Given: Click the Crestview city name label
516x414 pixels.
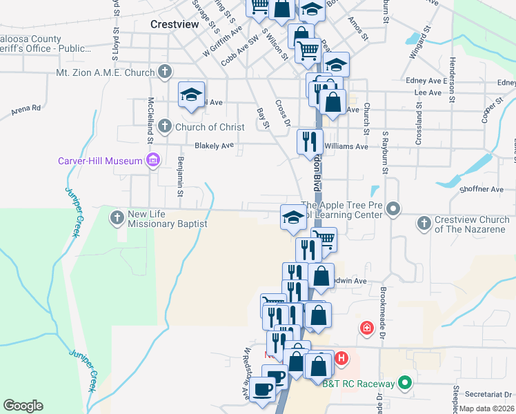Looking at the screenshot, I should [x=175, y=24].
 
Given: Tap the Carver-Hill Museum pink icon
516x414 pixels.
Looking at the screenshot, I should [x=153, y=161].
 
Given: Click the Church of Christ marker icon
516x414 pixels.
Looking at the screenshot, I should [x=164, y=126].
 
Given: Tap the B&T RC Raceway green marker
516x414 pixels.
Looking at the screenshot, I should [x=405, y=384].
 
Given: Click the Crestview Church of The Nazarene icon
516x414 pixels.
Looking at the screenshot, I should [x=424, y=223].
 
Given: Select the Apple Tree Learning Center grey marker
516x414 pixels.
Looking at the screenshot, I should [x=393, y=208].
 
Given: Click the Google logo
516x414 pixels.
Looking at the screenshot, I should [x=23, y=406].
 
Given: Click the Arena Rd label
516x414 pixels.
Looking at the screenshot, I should [x=27, y=108].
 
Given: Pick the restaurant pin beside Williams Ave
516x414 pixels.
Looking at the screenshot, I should [x=310, y=141].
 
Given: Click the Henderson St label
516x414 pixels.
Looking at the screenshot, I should [x=452, y=90].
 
